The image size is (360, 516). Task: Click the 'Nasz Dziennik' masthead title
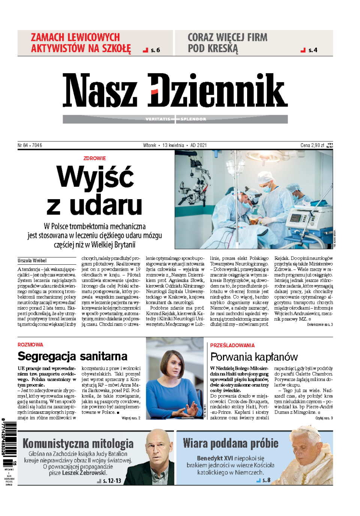coord(175,90)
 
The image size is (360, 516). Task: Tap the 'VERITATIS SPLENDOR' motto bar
coord(175,119)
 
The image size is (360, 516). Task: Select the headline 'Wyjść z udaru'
coord(95,191)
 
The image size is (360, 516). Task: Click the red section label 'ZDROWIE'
coord(94,158)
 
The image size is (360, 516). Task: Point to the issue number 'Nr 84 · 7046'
coord(30,145)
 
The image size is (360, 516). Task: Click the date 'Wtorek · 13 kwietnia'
coord(163,145)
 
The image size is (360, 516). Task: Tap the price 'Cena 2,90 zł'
coord(312,145)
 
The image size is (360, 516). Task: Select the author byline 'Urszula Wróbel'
coord(32,261)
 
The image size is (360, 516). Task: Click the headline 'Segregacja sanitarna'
coord(72,356)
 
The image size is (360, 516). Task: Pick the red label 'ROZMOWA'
coord(30,345)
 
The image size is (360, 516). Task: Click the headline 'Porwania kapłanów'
coord(254,357)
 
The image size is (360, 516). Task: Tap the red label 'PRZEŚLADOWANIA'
coord(232,345)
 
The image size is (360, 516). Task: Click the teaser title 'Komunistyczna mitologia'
coord(78,444)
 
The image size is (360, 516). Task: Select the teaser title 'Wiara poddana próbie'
coord(231,443)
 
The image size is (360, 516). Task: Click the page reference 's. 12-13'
coord(112,481)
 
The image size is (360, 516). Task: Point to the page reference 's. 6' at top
coord(155,50)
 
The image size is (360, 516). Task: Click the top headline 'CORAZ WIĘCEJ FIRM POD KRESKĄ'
coord(227,43)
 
